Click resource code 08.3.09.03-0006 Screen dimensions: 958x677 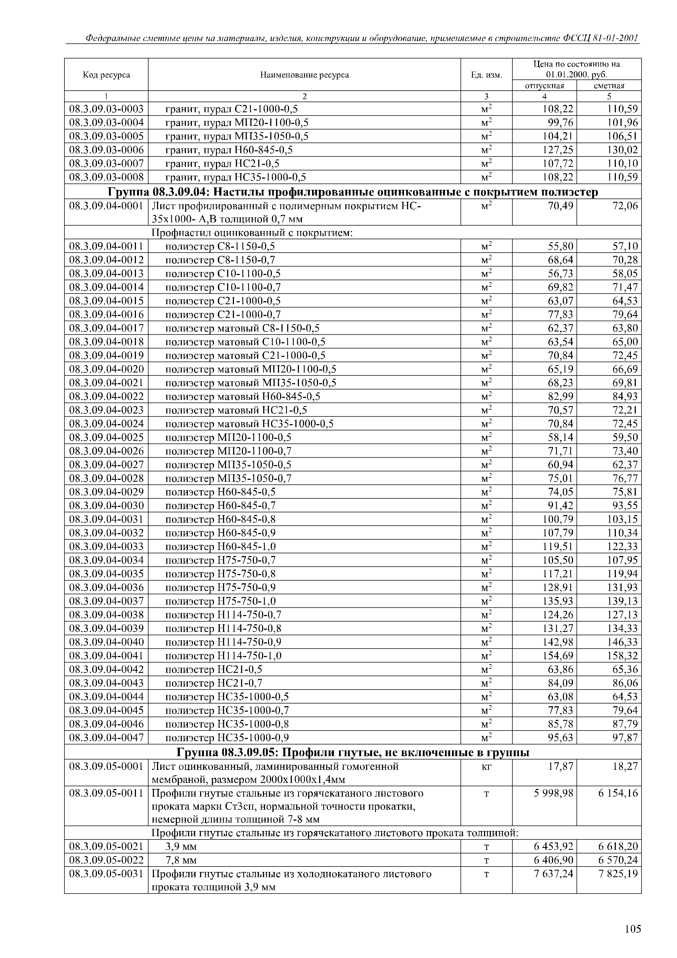point(106,150)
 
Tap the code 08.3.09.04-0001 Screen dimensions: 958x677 point(106,206)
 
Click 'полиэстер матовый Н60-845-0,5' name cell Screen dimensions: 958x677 point(243,396)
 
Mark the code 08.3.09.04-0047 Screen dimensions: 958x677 point(106,738)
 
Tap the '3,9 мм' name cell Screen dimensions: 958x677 point(181,847)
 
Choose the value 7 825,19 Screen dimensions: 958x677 point(618,874)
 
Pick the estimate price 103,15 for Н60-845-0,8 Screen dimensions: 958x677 point(622,519)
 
